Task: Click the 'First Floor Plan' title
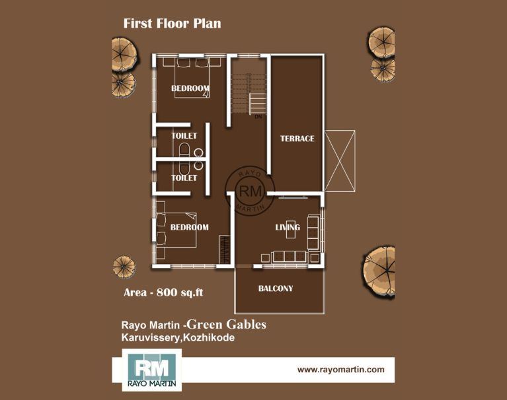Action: [172, 24]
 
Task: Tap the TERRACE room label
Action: [297, 139]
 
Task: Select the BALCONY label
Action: [276, 288]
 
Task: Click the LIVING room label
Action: [288, 227]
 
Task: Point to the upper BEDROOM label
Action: [190, 88]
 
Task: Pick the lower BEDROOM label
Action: [190, 227]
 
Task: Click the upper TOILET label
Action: [184, 135]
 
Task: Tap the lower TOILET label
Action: [184, 178]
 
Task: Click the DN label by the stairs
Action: [258, 117]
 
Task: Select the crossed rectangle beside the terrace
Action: [340, 161]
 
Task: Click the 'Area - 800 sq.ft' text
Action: [163, 292]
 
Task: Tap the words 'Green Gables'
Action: [227, 324]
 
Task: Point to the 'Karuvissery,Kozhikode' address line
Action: [178, 338]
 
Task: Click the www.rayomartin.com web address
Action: [341, 370]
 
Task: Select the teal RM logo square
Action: [152, 370]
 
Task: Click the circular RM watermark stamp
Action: [251, 191]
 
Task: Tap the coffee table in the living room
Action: [291, 230]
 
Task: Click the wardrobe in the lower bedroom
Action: [224, 249]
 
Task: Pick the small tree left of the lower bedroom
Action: [124, 267]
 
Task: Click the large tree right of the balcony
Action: [379, 271]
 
